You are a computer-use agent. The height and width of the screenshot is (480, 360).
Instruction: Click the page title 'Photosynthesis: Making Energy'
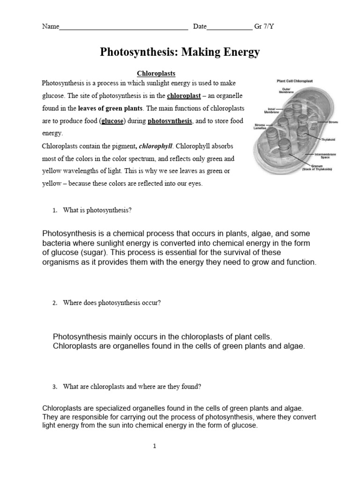coord(180,52)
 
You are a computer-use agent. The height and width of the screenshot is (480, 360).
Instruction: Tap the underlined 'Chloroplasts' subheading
coord(156,74)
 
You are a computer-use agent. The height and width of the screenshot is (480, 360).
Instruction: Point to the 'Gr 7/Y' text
coord(264,26)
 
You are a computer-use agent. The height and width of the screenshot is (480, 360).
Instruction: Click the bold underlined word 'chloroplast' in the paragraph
coord(184,96)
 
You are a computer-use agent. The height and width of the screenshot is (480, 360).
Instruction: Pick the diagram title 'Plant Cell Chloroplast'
coord(295,81)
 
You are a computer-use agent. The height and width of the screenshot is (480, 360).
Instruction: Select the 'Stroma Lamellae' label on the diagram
coord(260,127)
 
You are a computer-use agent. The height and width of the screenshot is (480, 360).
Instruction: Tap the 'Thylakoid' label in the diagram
coord(328,139)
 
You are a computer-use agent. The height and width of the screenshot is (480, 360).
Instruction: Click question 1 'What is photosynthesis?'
coord(97,210)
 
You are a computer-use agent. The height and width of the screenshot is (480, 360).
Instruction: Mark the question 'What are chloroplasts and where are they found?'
coord(132,387)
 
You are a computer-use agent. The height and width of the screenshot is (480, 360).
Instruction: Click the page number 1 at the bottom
coord(155,446)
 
